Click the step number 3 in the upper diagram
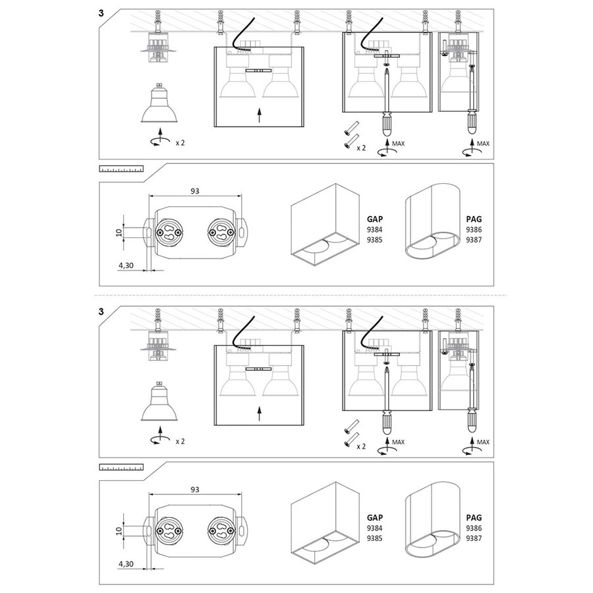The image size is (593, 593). [x=101, y=13]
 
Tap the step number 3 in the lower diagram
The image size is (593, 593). [x=101, y=312]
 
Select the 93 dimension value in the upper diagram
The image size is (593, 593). [x=195, y=191]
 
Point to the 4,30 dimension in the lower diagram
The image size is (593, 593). [x=126, y=564]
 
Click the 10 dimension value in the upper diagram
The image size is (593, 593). [x=119, y=232]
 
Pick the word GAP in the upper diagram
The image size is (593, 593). [x=375, y=219]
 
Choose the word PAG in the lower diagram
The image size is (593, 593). [x=474, y=517]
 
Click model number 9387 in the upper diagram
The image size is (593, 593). [x=474, y=239]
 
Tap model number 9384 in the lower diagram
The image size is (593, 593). [x=375, y=528]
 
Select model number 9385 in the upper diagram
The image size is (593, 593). [x=375, y=239]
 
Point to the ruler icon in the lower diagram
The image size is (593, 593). [x=121, y=467]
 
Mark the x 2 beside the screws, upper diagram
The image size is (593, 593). [x=361, y=148]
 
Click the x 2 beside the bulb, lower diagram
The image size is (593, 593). [x=180, y=441]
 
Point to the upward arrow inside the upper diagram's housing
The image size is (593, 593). [x=259, y=116]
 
